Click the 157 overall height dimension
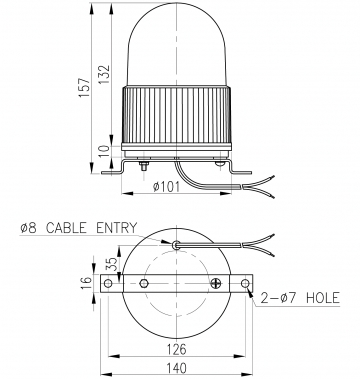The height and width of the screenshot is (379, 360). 85,87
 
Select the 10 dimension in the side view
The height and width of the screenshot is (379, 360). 105,151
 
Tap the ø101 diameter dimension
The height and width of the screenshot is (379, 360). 166,187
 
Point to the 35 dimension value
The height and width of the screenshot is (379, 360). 113,264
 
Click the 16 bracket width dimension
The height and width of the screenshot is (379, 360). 86,283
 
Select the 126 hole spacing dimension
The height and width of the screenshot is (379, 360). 176,349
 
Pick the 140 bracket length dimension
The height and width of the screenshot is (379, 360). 176,368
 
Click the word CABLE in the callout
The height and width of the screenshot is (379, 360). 66,228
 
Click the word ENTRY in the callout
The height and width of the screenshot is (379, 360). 116,228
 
